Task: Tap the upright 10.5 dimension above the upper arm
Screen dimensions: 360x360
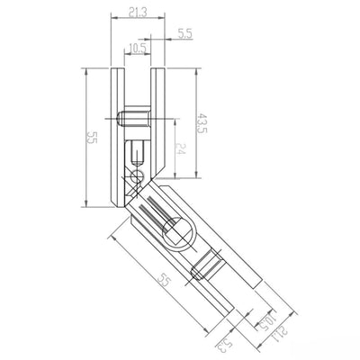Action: [x=138, y=48]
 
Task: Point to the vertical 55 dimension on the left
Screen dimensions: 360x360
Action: [x=90, y=137]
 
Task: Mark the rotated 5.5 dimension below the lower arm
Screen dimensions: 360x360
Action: [x=221, y=340]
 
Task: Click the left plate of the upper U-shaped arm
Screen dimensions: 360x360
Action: [x=114, y=135]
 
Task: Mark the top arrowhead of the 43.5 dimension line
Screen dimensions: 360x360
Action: [x=193, y=71]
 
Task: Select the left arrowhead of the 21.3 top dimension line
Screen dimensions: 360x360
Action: [x=112, y=20]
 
